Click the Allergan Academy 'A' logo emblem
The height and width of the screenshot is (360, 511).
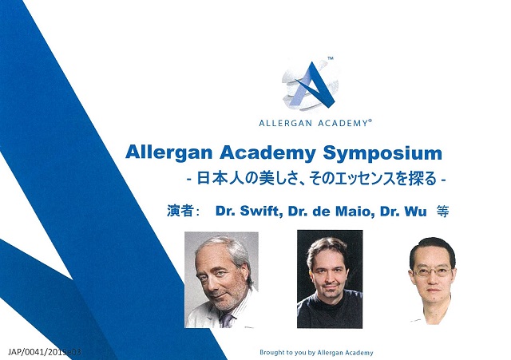click(311, 85)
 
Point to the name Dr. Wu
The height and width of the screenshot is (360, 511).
click(403, 211)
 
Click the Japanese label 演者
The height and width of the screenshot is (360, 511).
click(180, 211)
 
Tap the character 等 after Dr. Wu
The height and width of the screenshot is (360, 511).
click(442, 211)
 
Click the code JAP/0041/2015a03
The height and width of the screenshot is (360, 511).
click(45, 352)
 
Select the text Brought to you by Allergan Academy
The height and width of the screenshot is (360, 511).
click(316, 353)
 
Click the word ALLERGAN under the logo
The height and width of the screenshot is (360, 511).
click(286, 123)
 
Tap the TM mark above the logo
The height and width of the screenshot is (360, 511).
click(330, 58)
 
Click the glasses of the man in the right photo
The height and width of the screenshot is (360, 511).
click(432, 271)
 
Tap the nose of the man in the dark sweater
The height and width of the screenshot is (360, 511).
click(329, 278)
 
